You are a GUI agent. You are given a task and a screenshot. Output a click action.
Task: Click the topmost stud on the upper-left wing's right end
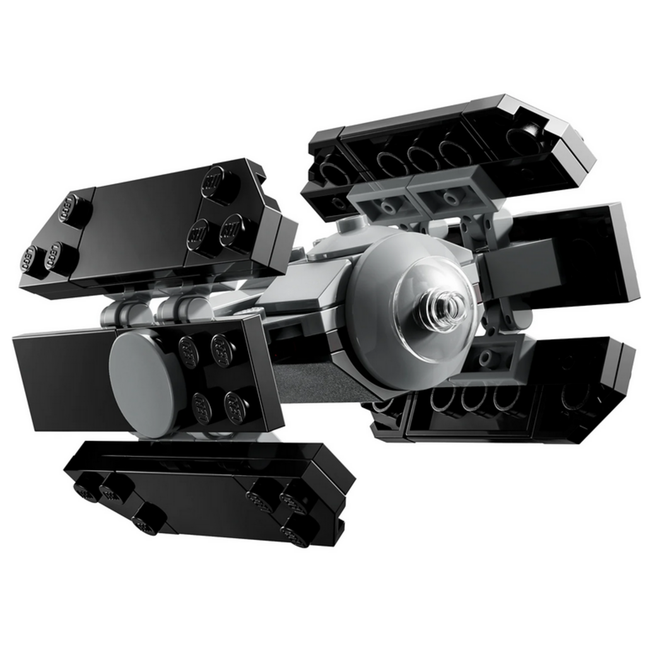[220, 182]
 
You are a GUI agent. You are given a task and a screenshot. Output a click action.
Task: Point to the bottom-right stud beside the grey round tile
[236, 407]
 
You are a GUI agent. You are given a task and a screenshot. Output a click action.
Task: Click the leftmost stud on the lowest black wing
[87, 490]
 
